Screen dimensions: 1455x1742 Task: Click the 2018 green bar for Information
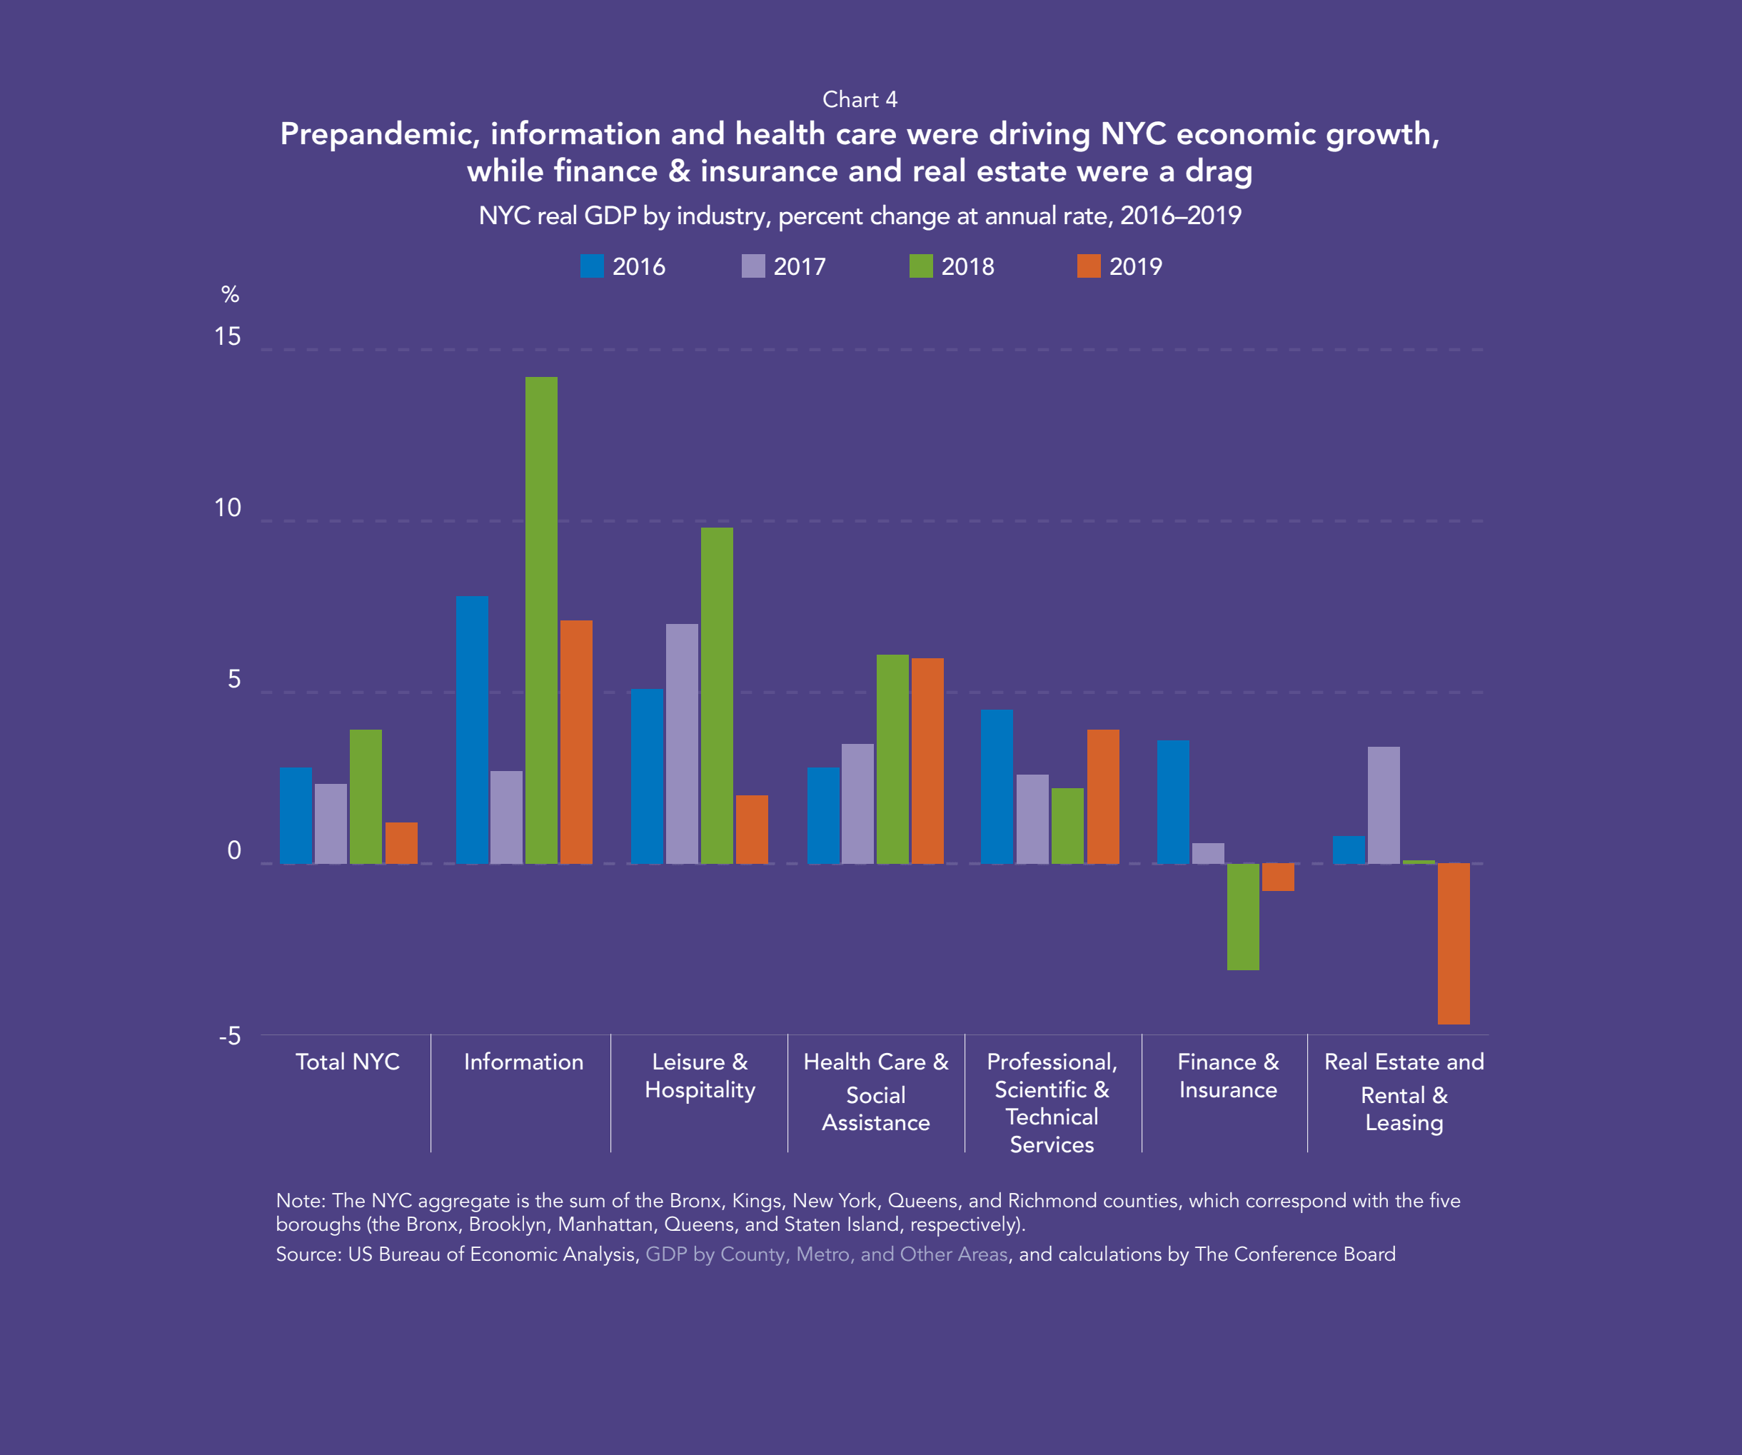coord(541,620)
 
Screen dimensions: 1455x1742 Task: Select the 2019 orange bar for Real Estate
coord(1454,943)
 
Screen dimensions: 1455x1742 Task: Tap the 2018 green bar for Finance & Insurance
coord(1243,916)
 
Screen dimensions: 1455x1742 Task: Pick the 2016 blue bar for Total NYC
coord(296,815)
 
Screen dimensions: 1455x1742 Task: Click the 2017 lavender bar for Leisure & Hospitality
coord(682,743)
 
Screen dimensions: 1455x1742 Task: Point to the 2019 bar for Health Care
coord(927,760)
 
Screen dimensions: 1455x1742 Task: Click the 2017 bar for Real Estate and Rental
coord(1384,805)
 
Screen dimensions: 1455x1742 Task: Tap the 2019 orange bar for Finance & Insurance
coord(1277,877)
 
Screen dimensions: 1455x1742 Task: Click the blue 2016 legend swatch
coord(591,266)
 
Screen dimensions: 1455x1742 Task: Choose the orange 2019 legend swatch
coord(1088,266)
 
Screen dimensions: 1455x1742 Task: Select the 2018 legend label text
coord(967,266)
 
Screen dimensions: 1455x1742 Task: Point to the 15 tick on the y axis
coord(227,337)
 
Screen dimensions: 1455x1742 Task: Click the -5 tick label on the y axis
coord(230,1036)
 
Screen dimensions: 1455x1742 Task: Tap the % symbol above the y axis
coord(230,294)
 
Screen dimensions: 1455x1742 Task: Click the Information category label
coord(523,1062)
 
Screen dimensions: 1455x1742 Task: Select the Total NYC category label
coord(348,1062)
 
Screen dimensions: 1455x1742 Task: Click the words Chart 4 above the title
coord(860,99)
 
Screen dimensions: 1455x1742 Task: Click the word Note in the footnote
coord(298,1200)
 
